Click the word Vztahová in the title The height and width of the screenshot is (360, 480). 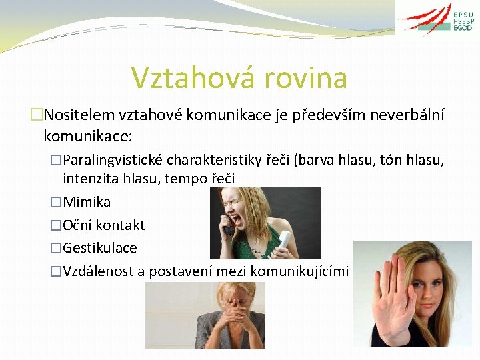181,77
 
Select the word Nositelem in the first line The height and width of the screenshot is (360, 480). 79,115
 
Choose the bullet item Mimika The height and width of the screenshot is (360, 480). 86,202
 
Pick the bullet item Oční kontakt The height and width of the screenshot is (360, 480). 103,225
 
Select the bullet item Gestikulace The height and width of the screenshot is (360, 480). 99,248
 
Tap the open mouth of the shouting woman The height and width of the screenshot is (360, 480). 237,218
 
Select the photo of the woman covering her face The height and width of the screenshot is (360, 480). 205,315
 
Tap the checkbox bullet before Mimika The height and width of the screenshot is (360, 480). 55,202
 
